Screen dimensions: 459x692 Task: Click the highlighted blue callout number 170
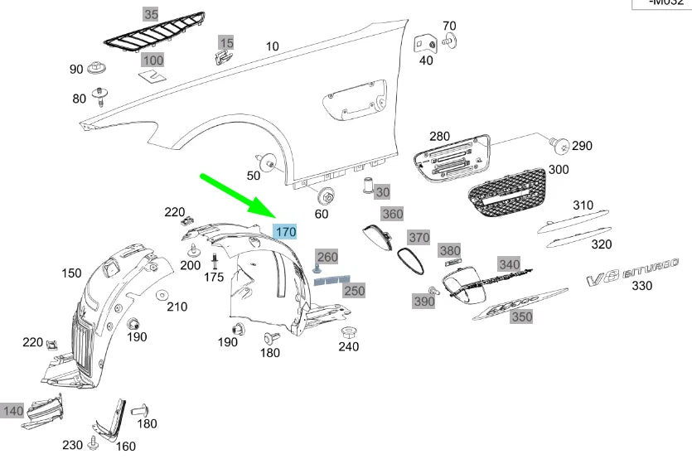286,232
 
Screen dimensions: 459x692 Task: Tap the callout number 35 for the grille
150,14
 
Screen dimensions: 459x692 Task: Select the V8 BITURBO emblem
632,273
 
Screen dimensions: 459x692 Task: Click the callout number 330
641,286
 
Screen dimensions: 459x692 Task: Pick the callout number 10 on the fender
272,46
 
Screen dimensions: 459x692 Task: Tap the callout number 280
438,136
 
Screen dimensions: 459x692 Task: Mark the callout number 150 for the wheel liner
71,273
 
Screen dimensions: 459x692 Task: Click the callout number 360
392,214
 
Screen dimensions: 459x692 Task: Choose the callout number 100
152,60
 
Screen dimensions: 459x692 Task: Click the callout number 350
521,316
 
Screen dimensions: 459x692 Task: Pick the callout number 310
583,205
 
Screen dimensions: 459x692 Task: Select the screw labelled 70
450,38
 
